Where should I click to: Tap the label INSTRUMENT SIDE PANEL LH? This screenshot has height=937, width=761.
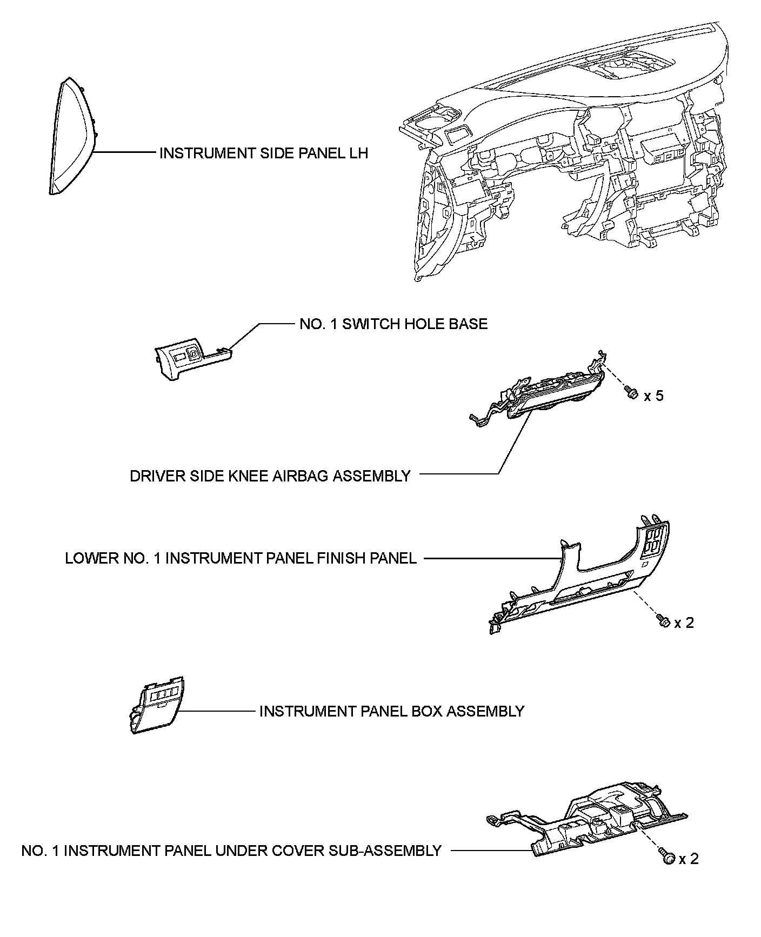[263, 153]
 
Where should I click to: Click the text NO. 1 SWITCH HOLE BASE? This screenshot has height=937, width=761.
[393, 324]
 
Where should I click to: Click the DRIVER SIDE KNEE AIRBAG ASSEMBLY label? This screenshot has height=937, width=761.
[270, 476]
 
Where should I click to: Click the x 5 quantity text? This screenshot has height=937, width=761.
[653, 396]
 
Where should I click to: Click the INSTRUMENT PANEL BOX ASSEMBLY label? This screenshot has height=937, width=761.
[392, 711]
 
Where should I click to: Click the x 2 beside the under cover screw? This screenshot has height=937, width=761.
[689, 859]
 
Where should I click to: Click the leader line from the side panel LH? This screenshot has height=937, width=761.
[124, 153]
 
